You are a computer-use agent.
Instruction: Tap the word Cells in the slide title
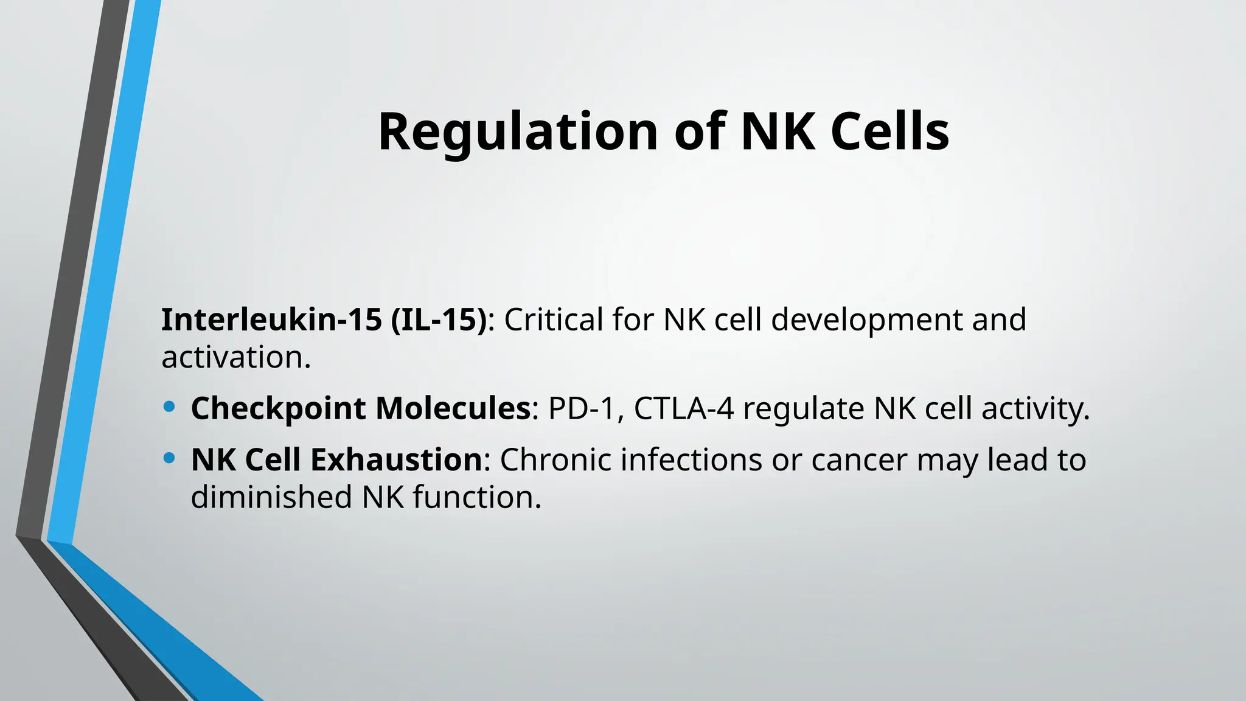pos(889,132)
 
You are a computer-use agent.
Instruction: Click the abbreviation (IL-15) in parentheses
pos(439,319)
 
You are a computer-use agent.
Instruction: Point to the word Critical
pos(554,319)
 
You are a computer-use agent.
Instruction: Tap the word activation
pos(235,357)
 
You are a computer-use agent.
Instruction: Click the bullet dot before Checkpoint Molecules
pos(170,406)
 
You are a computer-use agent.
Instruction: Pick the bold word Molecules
pos(453,408)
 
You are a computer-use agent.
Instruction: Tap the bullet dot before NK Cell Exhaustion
pos(170,458)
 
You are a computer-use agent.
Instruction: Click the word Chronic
pos(555,459)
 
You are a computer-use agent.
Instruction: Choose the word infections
pos(691,459)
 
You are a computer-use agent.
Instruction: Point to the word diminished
pos(271,497)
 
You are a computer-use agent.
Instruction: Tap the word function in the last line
pos(476,497)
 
